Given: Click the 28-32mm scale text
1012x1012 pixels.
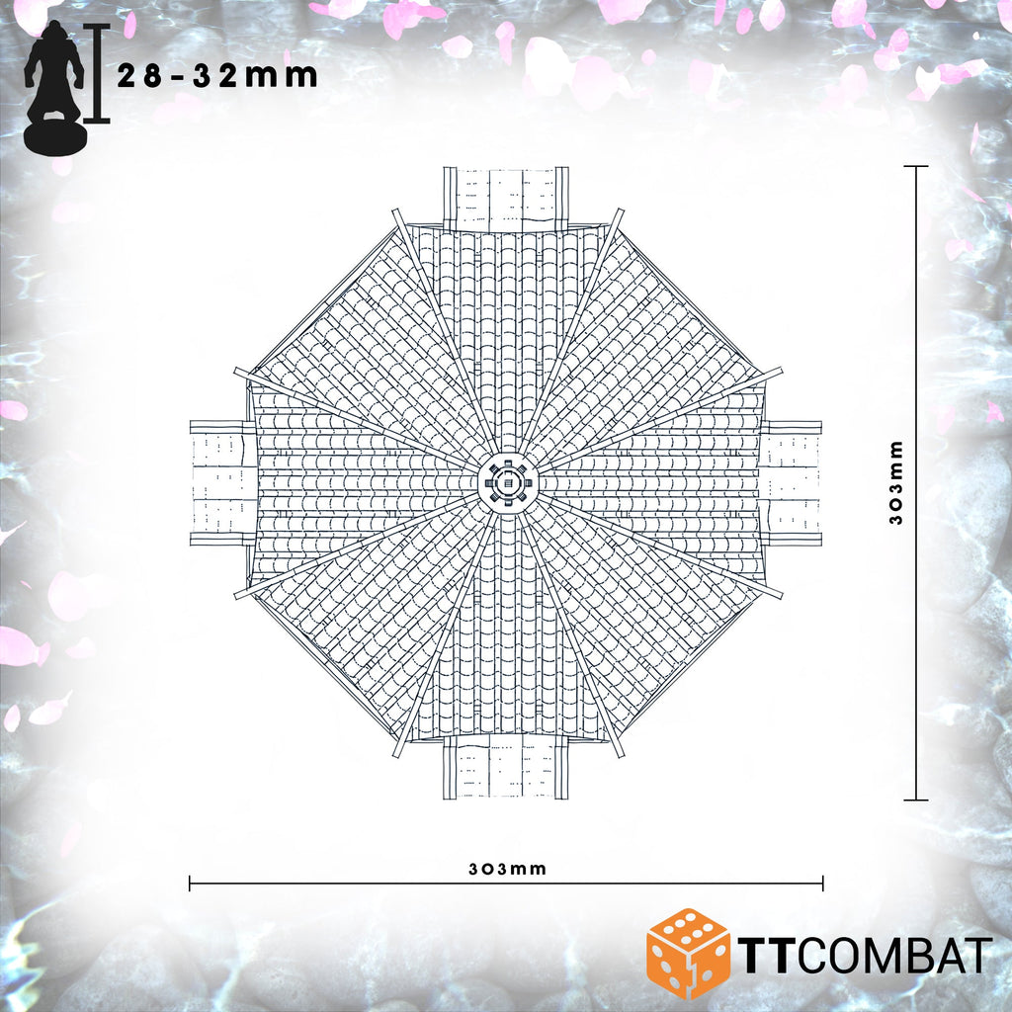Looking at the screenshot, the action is [x=217, y=76].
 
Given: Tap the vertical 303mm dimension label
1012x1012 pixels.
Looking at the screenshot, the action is [x=896, y=482].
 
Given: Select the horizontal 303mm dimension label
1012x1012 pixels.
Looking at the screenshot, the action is [x=507, y=869].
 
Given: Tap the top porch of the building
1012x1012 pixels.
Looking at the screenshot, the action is [x=506, y=199].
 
